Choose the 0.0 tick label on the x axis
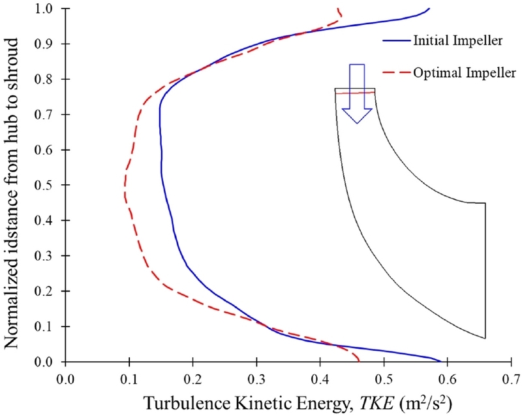coord(65,377)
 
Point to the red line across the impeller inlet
coord(356,93)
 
